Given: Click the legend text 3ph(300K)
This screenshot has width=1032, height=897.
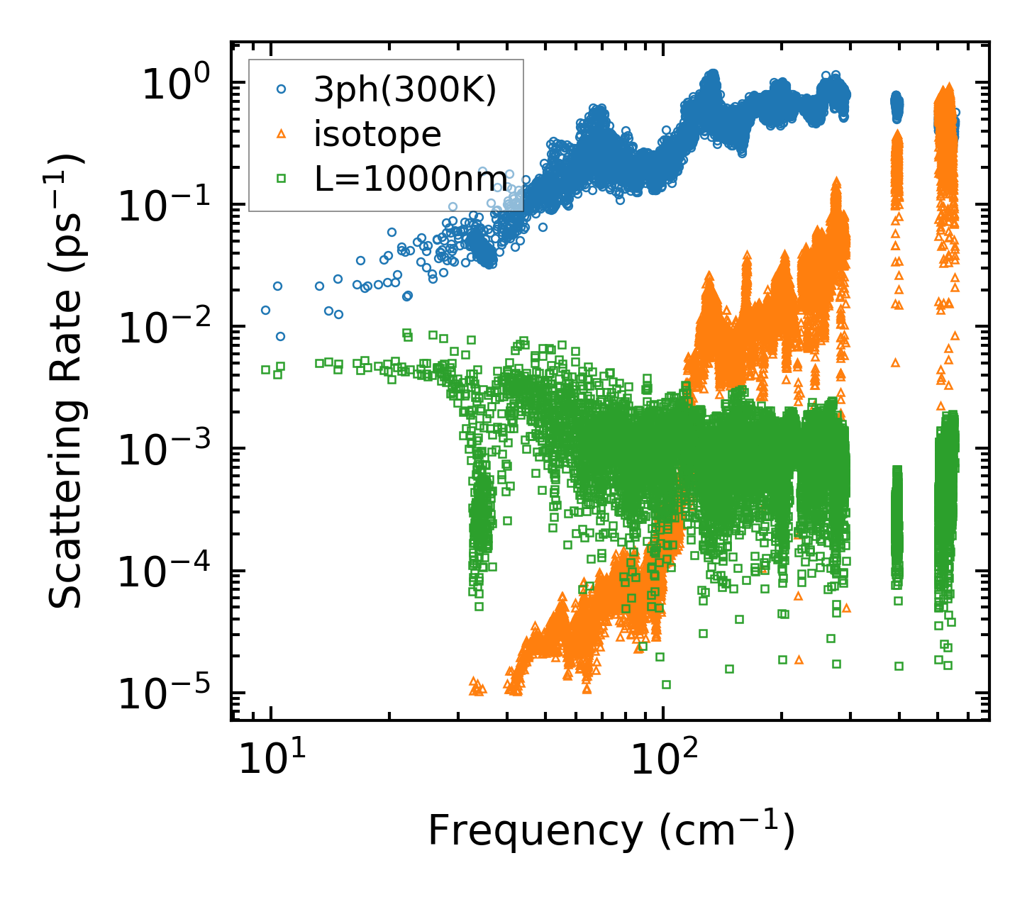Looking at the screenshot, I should (x=406, y=90).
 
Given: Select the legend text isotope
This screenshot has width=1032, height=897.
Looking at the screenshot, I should (x=377, y=134).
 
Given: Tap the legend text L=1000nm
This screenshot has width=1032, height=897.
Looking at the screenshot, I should (x=411, y=179).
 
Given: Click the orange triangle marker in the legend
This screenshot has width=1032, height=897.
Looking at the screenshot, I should (x=282, y=133).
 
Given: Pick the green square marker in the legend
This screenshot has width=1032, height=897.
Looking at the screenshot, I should (x=282, y=178).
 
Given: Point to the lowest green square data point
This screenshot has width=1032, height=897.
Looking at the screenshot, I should (x=666, y=684).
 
